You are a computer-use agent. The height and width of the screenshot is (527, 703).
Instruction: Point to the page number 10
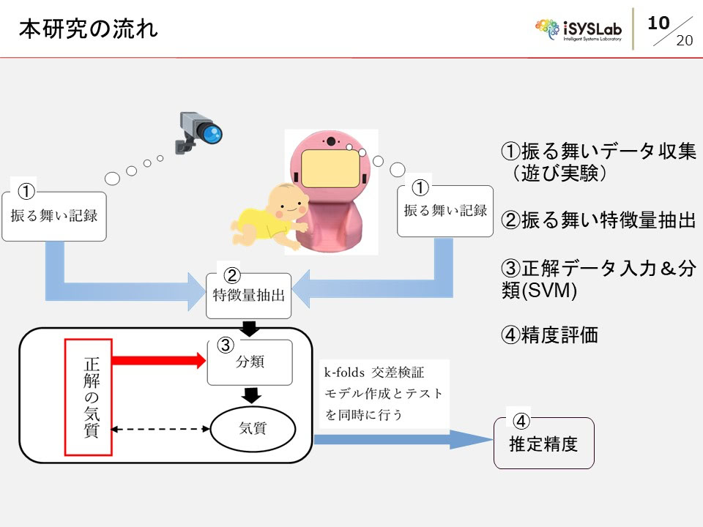(659, 23)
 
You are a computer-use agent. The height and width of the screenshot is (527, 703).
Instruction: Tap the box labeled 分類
(250, 362)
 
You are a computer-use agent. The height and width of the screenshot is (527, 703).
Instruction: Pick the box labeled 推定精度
(543, 443)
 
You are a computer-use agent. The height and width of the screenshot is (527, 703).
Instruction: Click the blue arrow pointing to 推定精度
(403, 439)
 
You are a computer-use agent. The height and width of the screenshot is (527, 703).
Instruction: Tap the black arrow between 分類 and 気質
(252, 395)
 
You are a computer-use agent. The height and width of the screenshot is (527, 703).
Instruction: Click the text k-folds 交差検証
(374, 372)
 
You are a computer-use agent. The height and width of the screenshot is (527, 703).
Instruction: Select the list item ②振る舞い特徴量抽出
(598, 220)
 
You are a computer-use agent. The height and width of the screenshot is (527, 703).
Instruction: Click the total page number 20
(684, 40)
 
